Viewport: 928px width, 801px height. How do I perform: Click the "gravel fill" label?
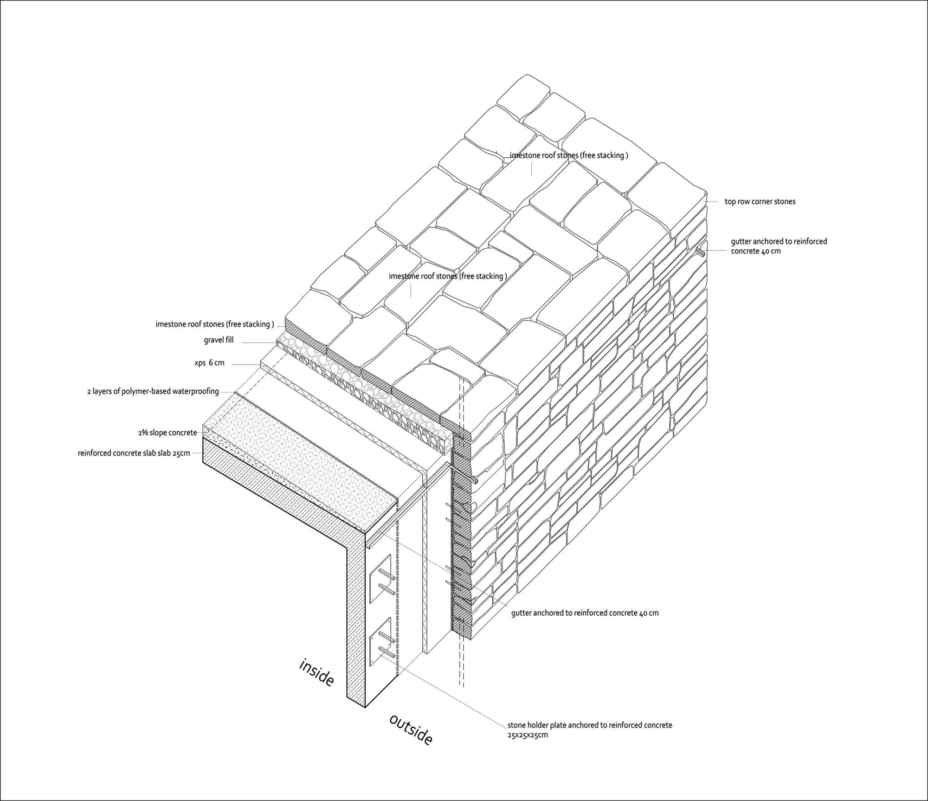pos(219,340)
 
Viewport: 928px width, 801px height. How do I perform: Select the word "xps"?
pos(200,363)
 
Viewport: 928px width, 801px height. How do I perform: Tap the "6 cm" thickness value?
pos(217,363)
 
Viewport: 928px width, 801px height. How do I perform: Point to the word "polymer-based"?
pos(148,391)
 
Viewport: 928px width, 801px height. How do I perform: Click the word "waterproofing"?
pos(196,391)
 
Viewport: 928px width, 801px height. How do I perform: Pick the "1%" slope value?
pos(142,433)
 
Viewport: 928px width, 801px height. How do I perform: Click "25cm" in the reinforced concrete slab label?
pos(181,453)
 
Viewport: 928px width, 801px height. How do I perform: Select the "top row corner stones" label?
pos(760,201)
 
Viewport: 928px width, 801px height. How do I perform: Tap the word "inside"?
pos(316,672)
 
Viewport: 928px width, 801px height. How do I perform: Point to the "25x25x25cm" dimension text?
pos(528,735)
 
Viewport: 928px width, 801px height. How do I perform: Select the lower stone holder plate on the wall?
pos(380,643)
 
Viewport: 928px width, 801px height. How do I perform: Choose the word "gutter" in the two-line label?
pos(741,241)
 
